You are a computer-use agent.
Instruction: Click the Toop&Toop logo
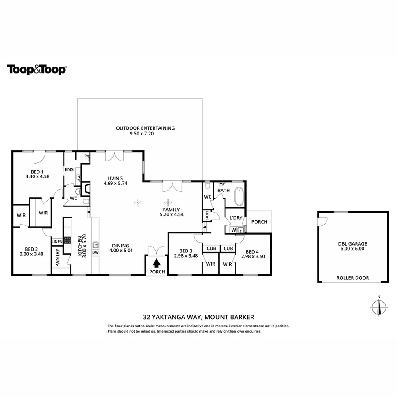point(37,70)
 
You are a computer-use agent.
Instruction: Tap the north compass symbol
point(378,306)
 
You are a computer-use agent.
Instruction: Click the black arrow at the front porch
point(157,263)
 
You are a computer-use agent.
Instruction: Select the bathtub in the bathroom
point(239,197)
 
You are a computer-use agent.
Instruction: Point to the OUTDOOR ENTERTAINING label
point(145,128)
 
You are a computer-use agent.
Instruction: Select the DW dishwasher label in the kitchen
point(95,253)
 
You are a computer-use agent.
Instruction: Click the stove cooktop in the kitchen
point(68,240)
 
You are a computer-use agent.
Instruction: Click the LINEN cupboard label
point(57,242)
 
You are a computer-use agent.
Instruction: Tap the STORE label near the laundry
point(207,216)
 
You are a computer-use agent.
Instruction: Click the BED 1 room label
point(37,172)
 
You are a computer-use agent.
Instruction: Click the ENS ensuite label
point(69,169)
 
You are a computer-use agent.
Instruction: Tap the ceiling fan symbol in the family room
point(139,202)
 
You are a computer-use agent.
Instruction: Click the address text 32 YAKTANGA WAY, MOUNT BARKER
point(198,317)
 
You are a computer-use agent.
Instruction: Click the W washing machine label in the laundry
point(233,230)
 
